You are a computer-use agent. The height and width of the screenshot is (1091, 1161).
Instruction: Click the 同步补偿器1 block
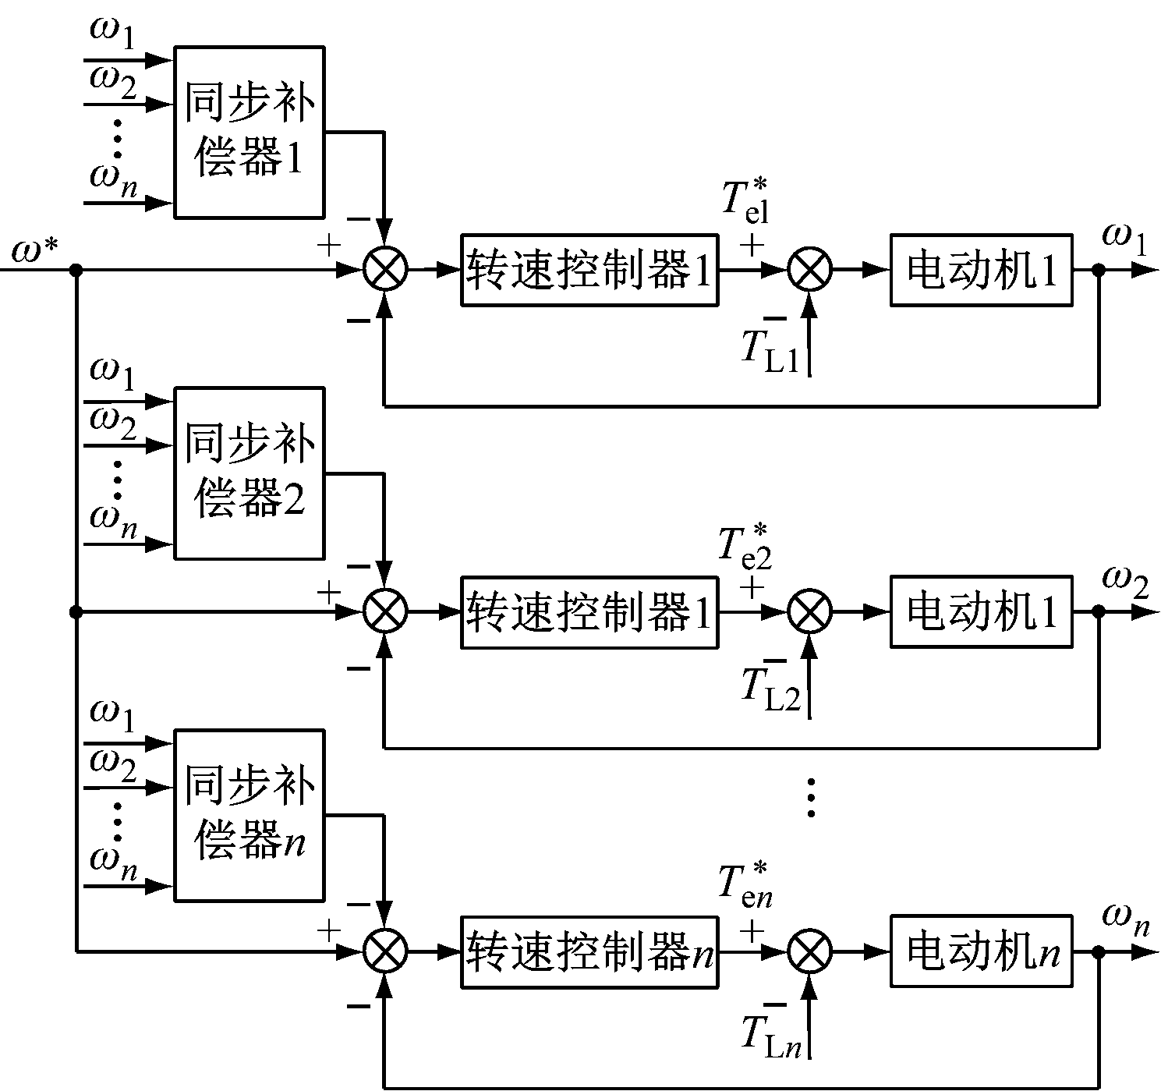coord(249,132)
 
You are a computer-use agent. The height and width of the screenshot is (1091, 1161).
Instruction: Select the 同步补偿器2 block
coord(249,473)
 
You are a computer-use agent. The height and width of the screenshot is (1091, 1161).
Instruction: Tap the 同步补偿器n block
coord(249,816)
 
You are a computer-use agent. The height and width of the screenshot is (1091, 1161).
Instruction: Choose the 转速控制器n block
coord(589,953)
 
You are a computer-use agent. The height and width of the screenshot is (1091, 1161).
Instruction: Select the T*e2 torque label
coord(745,544)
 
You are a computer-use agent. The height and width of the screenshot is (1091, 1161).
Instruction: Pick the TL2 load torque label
coord(770,689)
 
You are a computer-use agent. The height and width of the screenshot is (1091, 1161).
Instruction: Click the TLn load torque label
coord(770,1033)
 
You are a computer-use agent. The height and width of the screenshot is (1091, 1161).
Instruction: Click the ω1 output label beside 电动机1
coord(1124,240)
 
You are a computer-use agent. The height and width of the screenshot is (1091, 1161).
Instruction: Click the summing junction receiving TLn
coord(810,952)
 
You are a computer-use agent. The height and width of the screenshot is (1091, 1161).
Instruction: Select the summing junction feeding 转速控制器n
coord(385,952)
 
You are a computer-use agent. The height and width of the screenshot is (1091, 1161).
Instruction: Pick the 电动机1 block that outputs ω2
coord(982,612)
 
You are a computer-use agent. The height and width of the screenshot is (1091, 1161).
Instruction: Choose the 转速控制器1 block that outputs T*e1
coord(589,270)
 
